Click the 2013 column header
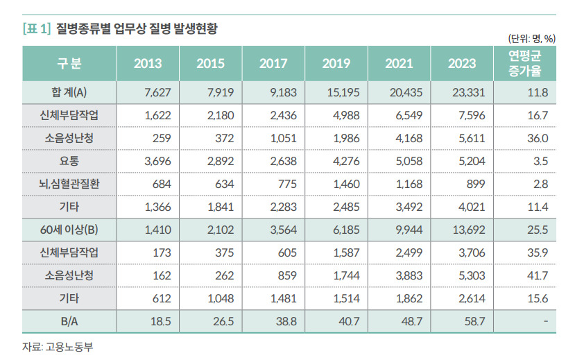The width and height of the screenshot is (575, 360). click(x=148, y=63)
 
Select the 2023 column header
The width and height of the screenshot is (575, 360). click(x=462, y=63)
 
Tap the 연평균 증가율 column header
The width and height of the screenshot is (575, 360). click(x=525, y=63)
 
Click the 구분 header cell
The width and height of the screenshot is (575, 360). click(x=69, y=63)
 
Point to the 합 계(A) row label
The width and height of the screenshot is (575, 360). click(x=69, y=92)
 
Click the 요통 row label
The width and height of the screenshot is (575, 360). click(x=69, y=161)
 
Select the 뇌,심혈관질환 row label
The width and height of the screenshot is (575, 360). click(x=69, y=184)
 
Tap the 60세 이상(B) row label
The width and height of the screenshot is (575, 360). click(x=69, y=230)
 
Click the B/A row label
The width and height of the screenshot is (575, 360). click(x=69, y=322)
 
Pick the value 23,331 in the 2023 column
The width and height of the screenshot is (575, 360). click(x=469, y=92)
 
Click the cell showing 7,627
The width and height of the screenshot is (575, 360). click(x=157, y=92)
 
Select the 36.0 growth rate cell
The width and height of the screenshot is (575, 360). click(x=538, y=138)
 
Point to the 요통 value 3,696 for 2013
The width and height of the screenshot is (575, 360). click(x=157, y=161)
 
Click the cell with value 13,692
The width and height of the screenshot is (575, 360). click(x=469, y=230)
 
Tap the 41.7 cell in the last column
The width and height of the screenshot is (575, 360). click(x=538, y=275)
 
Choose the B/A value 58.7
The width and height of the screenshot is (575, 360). click(x=475, y=322)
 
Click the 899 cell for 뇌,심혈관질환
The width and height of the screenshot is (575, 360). click(x=476, y=184)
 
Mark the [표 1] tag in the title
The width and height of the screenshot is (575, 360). click(x=37, y=28)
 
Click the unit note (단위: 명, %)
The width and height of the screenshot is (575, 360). click(x=532, y=38)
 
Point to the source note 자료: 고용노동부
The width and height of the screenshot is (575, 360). click(x=58, y=346)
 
